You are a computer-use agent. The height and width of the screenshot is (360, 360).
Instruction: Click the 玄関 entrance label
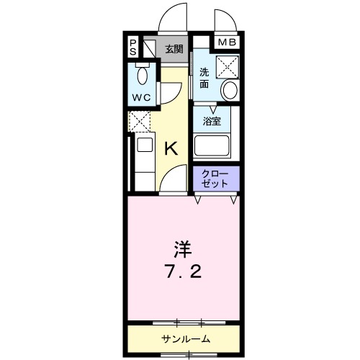click(x=173, y=49)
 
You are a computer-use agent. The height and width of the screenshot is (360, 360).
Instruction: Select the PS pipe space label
click(x=133, y=49)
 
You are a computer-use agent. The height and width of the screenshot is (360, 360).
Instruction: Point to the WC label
click(x=140, y=96)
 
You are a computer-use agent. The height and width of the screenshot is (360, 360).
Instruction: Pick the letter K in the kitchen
click(x=171, y=148)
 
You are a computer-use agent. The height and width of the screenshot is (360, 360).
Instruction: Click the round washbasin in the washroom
click(x=230, y=91)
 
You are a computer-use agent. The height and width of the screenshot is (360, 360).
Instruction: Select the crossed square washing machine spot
click(x=228, y=67)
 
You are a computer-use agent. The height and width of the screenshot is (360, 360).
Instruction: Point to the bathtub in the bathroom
click(x=212, y=148)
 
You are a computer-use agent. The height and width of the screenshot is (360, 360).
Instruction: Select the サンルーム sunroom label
click(x=184, y=338)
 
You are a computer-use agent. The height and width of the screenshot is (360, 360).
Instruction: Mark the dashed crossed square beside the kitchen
click(x=138, y=120)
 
